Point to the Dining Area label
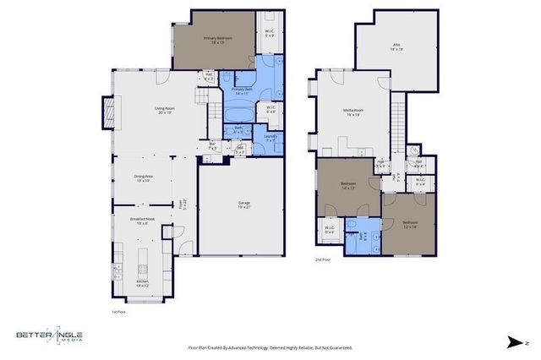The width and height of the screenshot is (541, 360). [x=142, y=177]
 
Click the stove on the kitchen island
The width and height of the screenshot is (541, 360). [x=143, y=269]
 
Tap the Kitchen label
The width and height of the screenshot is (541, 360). [x=142, y=283]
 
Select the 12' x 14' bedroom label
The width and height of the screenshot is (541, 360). [x=410, y=224]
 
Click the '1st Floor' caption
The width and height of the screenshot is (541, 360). [x=120, y=312]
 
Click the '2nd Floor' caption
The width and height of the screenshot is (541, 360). [x=323, y=260]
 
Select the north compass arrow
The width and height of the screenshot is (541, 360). [x=514, y=342]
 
